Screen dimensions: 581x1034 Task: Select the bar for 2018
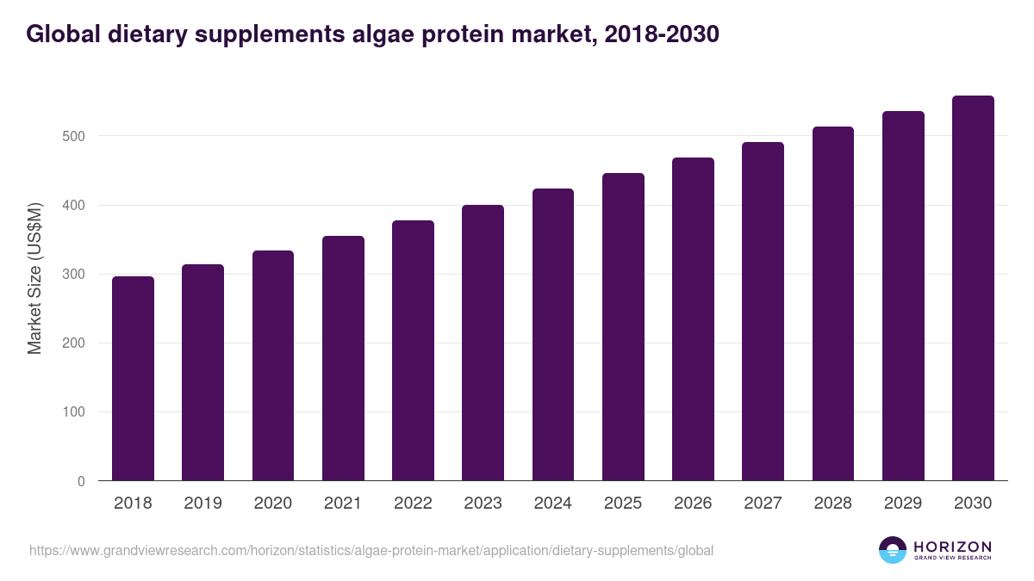pyautogui.click(x=133, y=379)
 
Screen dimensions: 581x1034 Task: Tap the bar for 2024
pyautogui.click(x=553, y=335)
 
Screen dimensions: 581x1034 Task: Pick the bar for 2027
pyautogui.click(x=763, y=312)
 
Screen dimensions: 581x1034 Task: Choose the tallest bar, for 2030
pyautogui.click(x=973, y=288)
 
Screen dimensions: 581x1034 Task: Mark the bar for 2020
pyautogui.click(x=273, y=366)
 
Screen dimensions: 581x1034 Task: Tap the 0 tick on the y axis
pyautogui.click(x=81, y=481)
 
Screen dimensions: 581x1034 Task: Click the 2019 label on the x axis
pyautogui.click(x=202, y=504)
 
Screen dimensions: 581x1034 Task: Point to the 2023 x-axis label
pyautogui.click(x=483, y=504)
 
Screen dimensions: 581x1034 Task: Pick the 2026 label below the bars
pyautogui.click(x=693, y=504)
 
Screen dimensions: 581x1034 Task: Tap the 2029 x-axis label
pyautogui.click(x=903, y=504)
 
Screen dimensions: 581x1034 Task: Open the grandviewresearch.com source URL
pyautogui.click(x=371, y=550)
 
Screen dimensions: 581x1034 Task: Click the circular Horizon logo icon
pyautogui.click(x=893, y=550)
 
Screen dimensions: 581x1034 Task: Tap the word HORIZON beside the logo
pyautogui.click(x=952, y=547)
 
